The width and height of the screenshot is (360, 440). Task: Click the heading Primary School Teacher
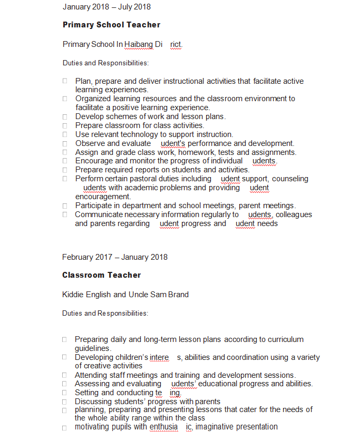(111, 25)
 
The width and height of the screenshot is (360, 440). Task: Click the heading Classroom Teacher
(101, 275)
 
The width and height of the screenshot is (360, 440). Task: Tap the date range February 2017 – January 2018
(115, 257)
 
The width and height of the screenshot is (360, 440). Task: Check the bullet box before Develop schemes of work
(65, 116)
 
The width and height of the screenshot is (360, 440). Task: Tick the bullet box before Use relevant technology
(65, 134)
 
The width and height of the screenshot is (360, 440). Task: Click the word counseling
(290, 179)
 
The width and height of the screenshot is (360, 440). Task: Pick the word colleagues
(294, 214)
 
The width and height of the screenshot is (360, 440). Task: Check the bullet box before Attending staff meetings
(64, 375)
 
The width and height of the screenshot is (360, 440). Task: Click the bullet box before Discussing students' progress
(64, 402)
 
